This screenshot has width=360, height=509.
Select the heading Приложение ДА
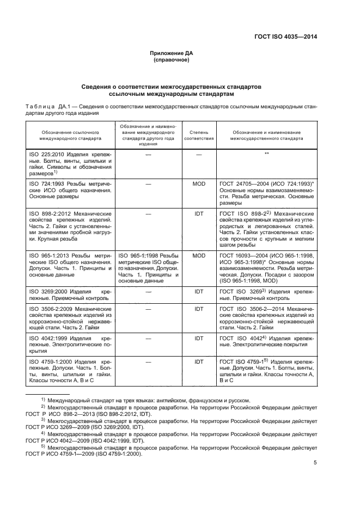172,53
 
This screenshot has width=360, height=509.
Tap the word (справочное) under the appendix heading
172,60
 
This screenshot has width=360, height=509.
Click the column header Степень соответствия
198,135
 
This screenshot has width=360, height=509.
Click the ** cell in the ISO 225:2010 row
267,155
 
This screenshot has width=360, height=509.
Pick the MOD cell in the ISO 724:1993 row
198,184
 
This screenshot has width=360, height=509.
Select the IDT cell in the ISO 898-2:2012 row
198,214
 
